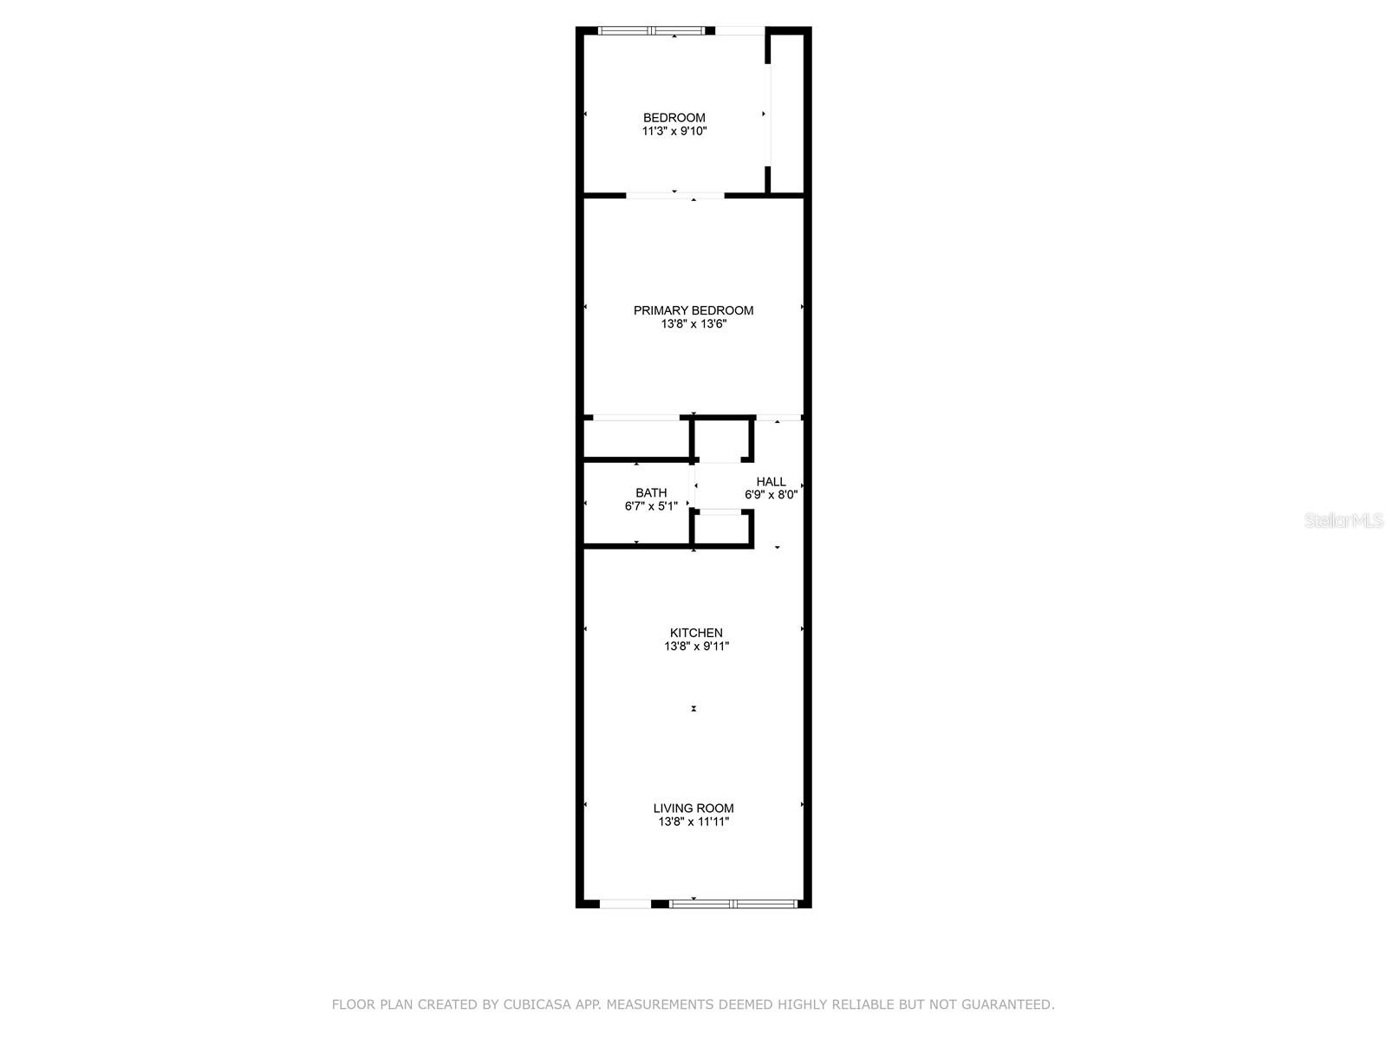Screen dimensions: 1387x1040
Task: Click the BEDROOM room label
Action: [x=674, y=118]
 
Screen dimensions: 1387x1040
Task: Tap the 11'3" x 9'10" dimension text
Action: [x=674, y=132]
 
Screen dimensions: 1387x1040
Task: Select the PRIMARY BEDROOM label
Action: [x=693, y=310]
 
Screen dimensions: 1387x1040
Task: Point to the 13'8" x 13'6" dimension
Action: [x=693, y=324]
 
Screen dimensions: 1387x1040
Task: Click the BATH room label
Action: [x=651, y=492]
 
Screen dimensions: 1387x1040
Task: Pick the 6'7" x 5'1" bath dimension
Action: [x=651, y=506]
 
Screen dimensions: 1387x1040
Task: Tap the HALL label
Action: [x=771, y=482]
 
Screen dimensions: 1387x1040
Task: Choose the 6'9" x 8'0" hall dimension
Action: [x=771, y=495]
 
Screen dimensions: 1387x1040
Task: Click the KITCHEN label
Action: [x=696, y=633]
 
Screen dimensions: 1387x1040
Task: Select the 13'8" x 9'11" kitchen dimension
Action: [x=696, y=647]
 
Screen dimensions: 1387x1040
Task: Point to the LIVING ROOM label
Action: [x=693, y=809]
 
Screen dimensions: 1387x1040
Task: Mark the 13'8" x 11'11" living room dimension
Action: [x=693, y=822]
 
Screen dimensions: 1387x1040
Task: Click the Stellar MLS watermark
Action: [x=1344, y=520]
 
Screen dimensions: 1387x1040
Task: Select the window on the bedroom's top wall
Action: [x=651, y=30]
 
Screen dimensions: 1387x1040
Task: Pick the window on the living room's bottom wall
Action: [x=733, y=904]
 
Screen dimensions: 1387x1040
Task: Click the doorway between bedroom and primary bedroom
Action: [x=674, y=196]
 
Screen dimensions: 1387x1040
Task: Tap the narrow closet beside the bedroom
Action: [x=787, y=113]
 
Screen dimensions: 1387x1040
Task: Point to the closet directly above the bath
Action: [x=635, y=439]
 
